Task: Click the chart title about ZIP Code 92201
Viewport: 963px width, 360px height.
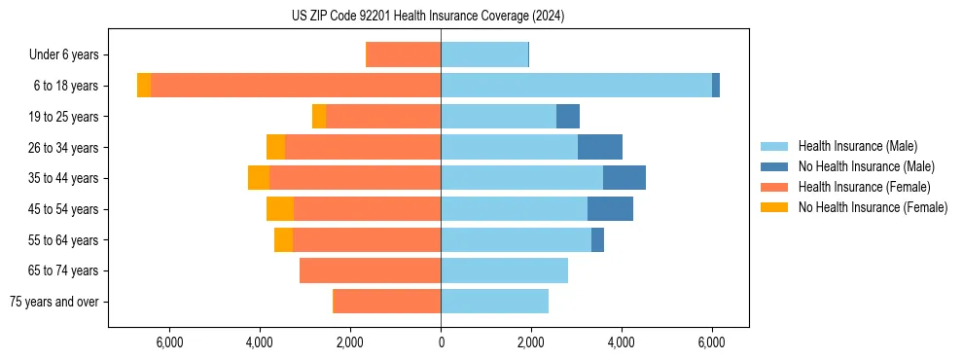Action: (428, 17)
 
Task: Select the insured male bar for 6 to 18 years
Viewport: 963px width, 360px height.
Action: (576, 86)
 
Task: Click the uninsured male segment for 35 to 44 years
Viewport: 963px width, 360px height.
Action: (624, 178)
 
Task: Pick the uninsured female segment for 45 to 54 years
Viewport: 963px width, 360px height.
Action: (280, 209)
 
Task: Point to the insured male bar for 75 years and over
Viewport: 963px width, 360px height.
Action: (494, 302)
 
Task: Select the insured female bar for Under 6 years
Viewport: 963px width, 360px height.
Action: (403, 54)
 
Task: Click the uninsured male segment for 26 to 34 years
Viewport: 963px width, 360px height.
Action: (600, 148)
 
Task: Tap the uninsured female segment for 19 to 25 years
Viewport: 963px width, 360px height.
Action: (319, 117)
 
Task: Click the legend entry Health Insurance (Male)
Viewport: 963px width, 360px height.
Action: (857, 146)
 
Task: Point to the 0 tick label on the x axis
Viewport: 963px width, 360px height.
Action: (441, 342)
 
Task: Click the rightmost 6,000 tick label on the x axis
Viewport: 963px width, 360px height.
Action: (712, 342)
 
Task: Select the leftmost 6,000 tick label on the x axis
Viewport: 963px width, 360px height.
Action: (169, 342)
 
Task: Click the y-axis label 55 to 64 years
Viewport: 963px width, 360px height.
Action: (63, 240)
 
